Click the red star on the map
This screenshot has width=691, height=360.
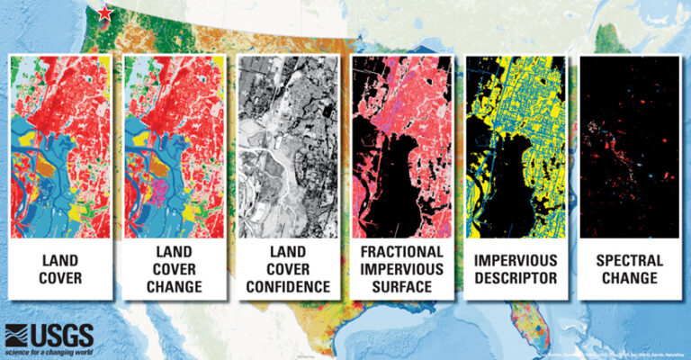(106, 13)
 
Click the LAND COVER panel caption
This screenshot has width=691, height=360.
(61, 268)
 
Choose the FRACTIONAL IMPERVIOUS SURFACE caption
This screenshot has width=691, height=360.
(400, 268)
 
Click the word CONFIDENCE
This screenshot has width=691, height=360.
(287, 287)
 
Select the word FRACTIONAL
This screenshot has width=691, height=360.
(400, 251)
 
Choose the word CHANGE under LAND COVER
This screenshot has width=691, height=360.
(174, 287)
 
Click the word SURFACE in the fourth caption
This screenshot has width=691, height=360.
(400, 287)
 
